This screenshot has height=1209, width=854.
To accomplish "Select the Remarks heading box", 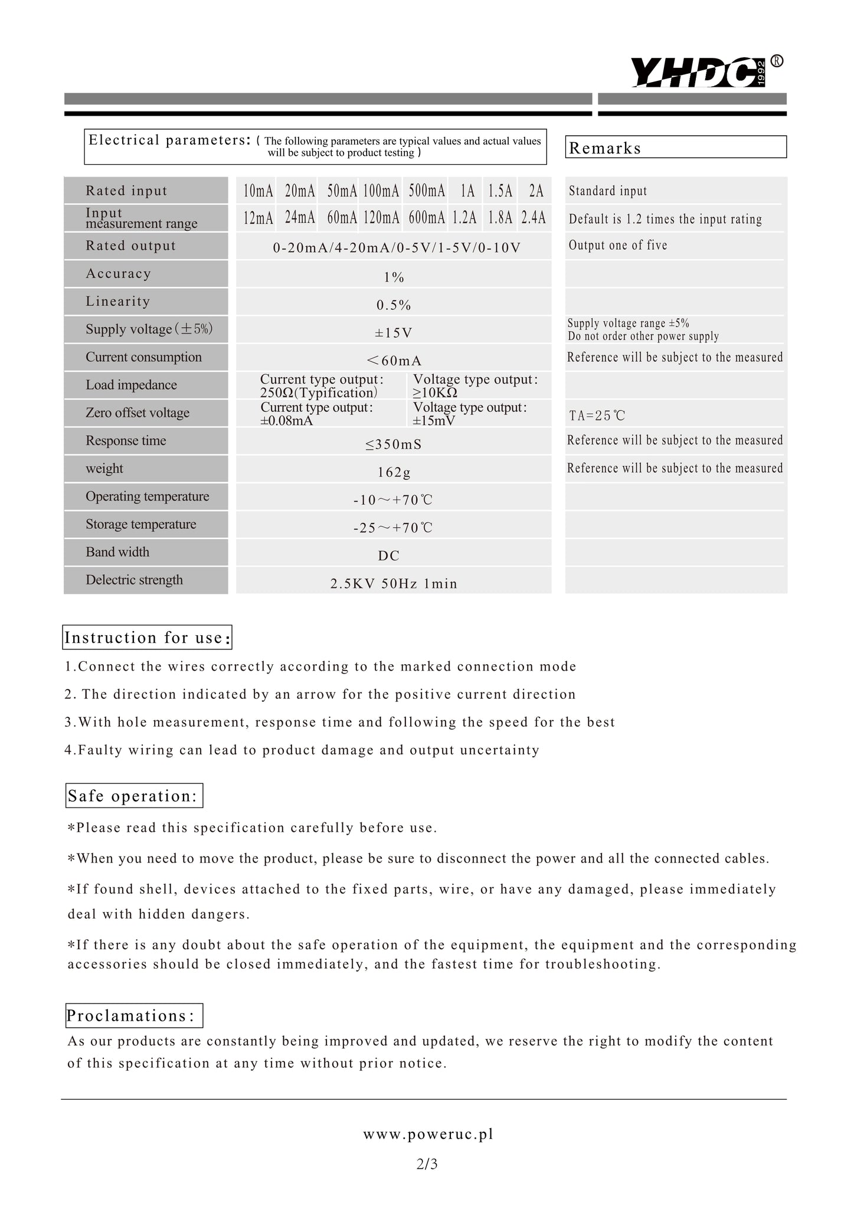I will pos(675,148).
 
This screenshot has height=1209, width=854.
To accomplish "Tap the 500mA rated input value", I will pos(427,191).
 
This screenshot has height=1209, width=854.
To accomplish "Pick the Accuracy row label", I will pos(119,273).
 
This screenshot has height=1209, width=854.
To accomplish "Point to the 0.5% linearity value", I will pos(394,305).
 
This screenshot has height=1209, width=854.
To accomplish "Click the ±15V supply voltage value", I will pos(394,333).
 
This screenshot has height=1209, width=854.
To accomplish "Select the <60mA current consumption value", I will pos(394,361).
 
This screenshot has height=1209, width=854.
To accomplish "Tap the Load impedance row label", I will pos(131,385).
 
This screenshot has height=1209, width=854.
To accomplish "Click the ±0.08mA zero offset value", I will pos(287,420).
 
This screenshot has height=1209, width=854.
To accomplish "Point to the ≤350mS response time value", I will pos(394,445).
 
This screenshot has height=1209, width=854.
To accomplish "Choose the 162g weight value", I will pos(394,472).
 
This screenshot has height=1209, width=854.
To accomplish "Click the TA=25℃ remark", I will pos(597,416).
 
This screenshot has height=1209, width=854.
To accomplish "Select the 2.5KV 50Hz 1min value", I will pos(394,584).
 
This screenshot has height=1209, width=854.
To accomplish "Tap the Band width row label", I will pos(117,552).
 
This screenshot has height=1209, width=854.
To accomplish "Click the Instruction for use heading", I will pos(147,638).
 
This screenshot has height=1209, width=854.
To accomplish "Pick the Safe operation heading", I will pos(134,796).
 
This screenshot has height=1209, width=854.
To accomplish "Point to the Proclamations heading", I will pos(134,1015).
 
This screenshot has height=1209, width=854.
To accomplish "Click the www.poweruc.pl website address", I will pos(428,1134).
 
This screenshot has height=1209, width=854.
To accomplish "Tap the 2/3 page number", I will pos(427,1164).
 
